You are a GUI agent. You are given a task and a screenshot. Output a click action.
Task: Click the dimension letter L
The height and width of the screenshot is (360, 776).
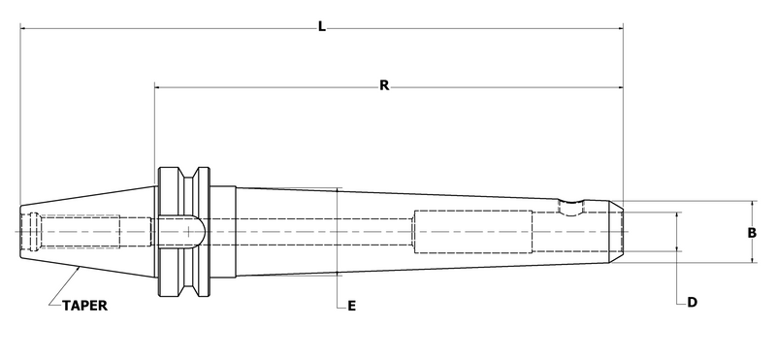click(321, 26)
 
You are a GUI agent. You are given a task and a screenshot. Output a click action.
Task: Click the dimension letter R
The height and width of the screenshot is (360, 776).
click(384, 85)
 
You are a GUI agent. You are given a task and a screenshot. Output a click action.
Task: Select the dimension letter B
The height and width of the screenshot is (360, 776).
click(752, 232)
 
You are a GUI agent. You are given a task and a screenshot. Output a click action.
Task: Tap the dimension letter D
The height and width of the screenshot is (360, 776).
click(692, 303)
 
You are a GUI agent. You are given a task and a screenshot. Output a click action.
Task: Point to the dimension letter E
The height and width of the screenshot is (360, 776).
click(352, 307)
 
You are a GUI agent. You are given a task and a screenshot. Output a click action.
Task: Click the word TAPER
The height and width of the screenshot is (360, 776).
click(84, 305)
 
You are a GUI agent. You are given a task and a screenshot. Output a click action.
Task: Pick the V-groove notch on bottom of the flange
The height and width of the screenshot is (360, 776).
click(184, 289)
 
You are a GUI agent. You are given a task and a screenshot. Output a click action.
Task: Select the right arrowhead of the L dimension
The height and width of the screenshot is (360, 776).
click(618, 29)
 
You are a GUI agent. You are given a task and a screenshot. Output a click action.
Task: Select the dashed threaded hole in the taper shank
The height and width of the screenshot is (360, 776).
click(87, 232)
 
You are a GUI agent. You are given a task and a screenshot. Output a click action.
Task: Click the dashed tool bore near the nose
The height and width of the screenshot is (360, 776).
click(472, 232)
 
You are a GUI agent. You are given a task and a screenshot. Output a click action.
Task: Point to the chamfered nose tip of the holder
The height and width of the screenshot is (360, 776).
click(615, 232)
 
